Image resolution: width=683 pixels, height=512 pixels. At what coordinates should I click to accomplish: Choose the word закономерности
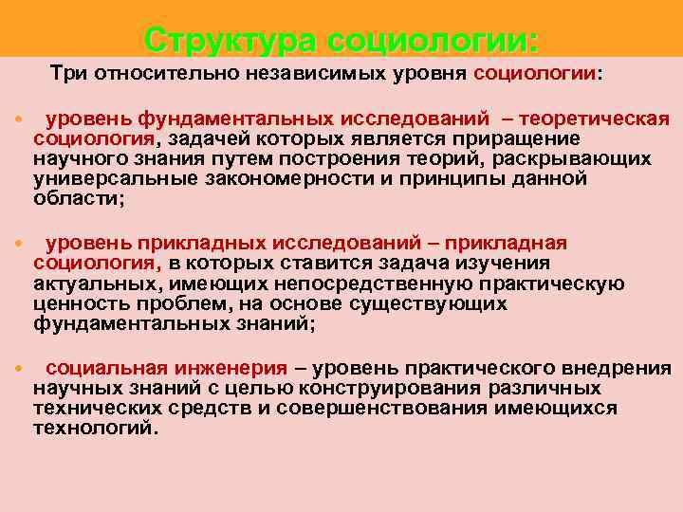300,179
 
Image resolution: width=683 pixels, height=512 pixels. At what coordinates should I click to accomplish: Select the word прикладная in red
513,243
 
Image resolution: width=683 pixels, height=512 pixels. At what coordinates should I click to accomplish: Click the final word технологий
91,428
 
